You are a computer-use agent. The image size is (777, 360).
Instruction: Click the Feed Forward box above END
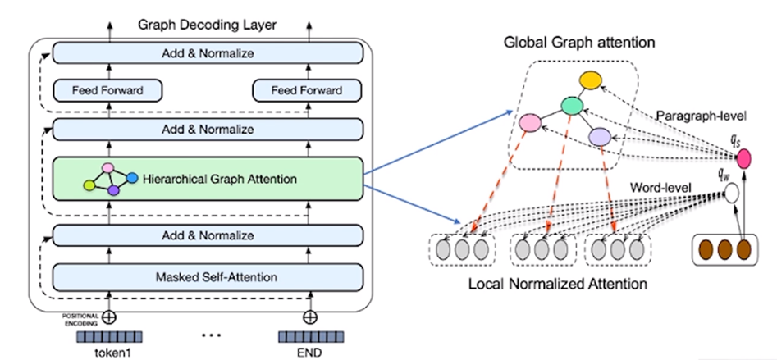(x=308, y=89)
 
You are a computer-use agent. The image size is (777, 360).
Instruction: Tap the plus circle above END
(x=309, y=317)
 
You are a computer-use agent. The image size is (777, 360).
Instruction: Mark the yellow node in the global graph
(x=590, y=80)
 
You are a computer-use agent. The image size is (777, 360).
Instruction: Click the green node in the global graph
(x=571, y=106)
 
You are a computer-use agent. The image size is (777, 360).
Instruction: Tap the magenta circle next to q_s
(x=744, y=159)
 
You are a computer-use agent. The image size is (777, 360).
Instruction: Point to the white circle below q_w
(x=733, y=194)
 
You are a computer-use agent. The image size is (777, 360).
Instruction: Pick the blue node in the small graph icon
(x=130, y=176)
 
